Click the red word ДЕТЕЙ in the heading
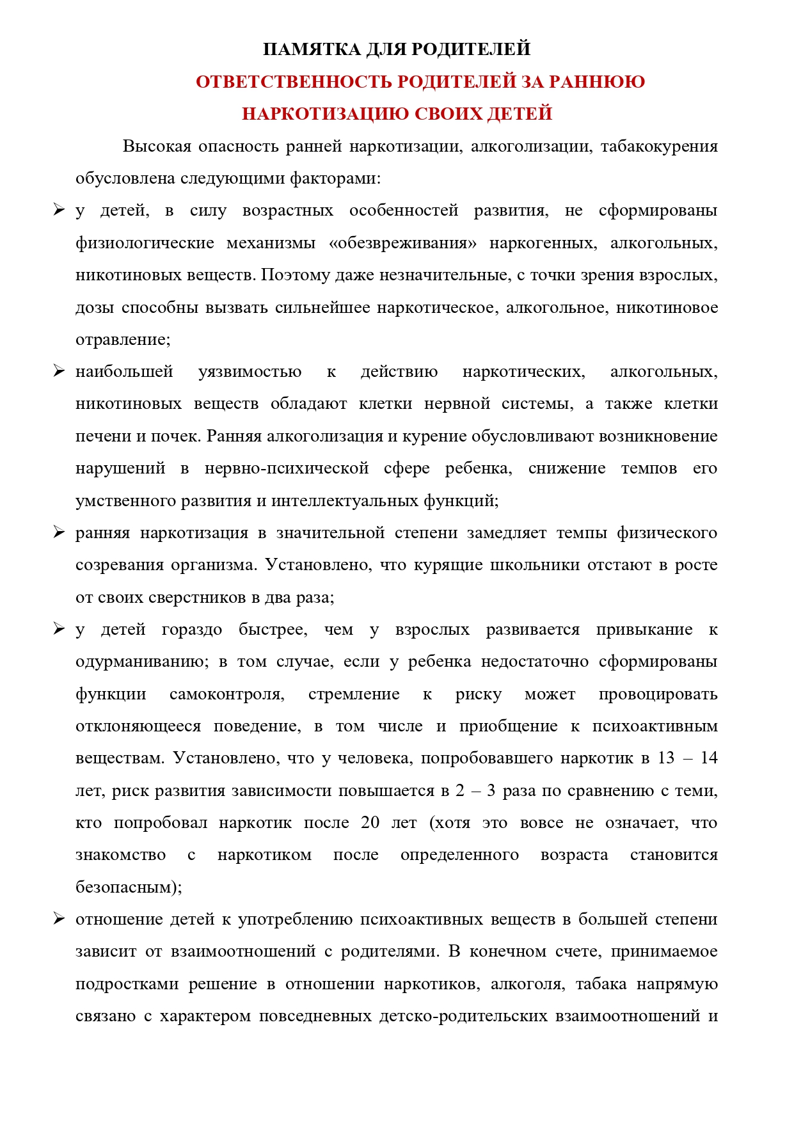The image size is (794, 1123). pyautogui.click(x=519, y=114)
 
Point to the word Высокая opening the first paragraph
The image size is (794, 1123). pyautogui.click(x=157, y=147)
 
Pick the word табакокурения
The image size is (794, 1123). pyautogui.click(x=658, y=147)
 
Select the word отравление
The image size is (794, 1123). pyautogui.click(x=122, y=340)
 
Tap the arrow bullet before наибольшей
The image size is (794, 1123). pyautogui.click(x=59, y=371)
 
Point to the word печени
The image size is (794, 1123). pyautogui.click(x=102, y=436)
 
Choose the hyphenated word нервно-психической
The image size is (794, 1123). pyautogui.click(x=287, y=468)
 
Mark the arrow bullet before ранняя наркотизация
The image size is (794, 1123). pyautogui.click(x=59, y=532)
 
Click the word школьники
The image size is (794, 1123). pyautogui.click(x=532, y=565)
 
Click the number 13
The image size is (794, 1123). pyautogui.click(x=666, y=758)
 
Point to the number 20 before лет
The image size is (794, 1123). pyautogui.click(x=370, y=823)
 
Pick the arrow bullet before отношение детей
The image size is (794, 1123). pyautogui.click(x=59, y=919)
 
